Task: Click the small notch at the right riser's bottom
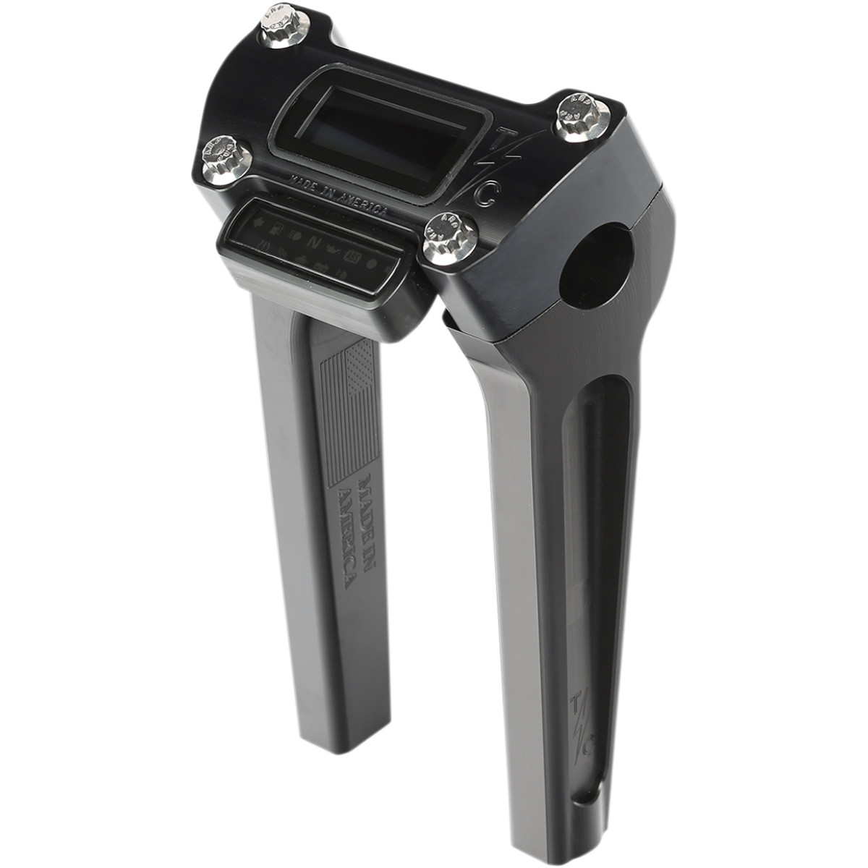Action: pyautogui.click(x=579, y=807)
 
